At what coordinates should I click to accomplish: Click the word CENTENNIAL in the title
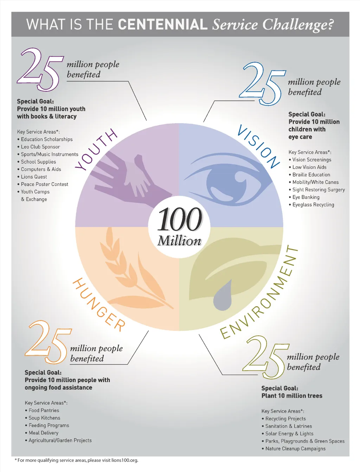162,24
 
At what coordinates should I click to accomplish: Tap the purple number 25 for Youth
40,69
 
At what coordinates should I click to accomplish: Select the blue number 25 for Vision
263,84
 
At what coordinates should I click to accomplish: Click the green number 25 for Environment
266,357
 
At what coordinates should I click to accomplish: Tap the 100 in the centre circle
180,219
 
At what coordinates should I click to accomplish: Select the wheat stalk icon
136,269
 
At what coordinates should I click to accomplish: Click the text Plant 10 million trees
292,396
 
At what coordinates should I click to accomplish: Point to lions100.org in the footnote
124,460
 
